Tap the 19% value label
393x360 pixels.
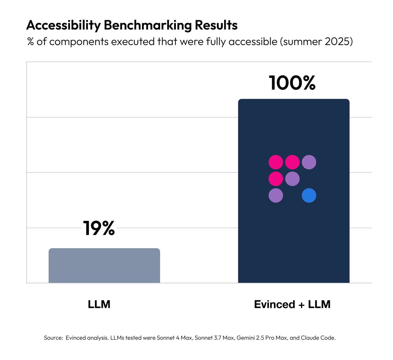(99, 228)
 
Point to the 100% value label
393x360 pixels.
(292, 83)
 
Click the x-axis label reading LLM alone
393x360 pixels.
(99, 304)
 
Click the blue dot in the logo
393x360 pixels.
(309, 195)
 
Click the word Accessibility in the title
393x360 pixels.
(63, 25)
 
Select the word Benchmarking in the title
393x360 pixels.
(146, 25)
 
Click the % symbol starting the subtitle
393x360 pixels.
(31, 42)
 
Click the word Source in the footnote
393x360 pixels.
(53, 338)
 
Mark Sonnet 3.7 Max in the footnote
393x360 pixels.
(214, 338)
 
